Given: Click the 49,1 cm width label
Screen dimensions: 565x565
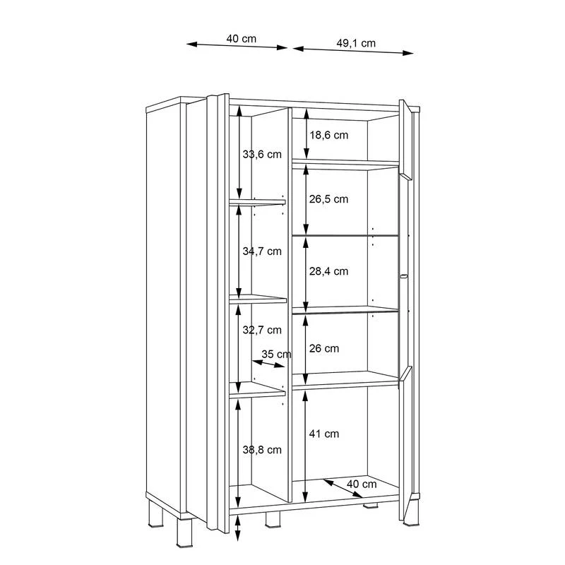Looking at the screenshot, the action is point(356,43).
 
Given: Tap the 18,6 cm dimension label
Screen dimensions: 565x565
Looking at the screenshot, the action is point(329,135).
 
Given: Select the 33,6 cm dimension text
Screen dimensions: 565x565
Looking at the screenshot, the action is point(262,154).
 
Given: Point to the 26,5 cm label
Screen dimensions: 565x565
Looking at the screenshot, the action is point(328,199).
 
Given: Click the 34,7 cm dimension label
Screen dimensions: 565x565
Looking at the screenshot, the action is point(262,251).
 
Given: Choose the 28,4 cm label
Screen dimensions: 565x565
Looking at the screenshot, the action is point(328,271).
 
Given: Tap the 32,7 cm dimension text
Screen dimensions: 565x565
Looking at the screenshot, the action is point(262,330).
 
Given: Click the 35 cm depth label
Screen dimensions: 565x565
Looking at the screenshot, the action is point(276,355).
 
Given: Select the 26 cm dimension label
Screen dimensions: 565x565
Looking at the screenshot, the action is point(324,348).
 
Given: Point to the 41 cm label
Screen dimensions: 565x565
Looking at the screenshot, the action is point(324,434).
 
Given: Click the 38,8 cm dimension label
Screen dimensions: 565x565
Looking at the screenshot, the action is point(262,450).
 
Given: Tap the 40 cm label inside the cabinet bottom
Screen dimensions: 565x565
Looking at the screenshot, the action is point(362,484).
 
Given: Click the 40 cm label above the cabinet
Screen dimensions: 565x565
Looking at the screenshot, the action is point(242,39).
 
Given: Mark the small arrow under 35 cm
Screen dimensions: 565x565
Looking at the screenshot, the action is point(268,364).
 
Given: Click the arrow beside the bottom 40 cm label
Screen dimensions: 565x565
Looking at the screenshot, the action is point(343,488).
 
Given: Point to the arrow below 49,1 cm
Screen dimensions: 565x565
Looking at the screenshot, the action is point(353,51).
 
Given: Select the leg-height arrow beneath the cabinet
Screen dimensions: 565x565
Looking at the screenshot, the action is point(237,528).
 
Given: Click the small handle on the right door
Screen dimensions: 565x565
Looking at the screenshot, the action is point(403,276).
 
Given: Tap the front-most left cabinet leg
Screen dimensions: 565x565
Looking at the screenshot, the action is point(184,533).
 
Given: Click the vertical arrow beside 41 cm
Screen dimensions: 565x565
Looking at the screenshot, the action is point(305,446).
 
